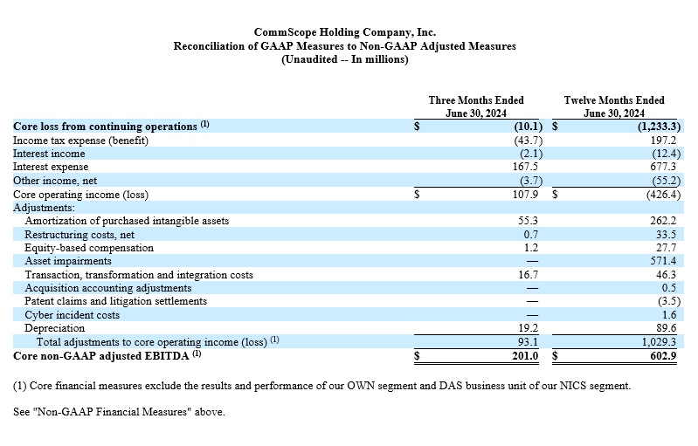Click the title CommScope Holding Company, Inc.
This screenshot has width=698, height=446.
345,32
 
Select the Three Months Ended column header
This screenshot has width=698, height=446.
476,106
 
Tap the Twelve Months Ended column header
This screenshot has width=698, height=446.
614,106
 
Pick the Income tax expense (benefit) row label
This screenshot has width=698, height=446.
80,141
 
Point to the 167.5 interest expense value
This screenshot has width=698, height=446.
525,167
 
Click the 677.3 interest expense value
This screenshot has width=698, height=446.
663,167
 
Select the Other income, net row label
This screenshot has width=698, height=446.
55,181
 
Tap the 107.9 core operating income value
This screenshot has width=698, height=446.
525,195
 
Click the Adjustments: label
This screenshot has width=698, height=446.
44,208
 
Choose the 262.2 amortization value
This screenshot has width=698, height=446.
663,221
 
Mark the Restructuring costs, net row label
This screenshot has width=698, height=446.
79,235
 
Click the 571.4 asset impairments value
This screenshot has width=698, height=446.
663,261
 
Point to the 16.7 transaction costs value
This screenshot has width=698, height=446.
529,275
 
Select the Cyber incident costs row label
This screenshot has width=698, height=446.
73,315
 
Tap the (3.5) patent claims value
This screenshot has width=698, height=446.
669,301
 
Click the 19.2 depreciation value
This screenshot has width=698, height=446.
529,328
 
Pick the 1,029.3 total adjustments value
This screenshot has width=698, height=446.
659,342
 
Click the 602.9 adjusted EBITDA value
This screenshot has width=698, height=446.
663,356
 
